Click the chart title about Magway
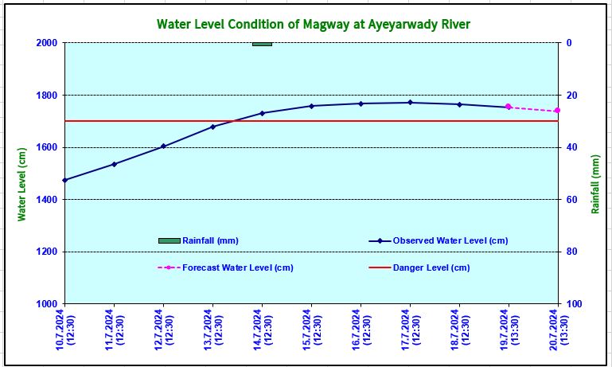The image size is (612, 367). pyautogui.click(x=313, y=24)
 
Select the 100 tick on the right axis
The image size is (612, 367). pyautogui.click(x=573, y=304)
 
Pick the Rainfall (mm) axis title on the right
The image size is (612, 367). pyautogui.click(x=595, y=184)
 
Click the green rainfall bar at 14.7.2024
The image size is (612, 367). pyautogui.click(x=262, y=44)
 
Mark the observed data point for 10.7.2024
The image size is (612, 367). pyautogui.click(x=64, y=180)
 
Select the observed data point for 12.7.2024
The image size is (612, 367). pyautogui.click(x=163, y=146)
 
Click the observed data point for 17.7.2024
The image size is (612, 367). pyautogui.click(x=410, y=103)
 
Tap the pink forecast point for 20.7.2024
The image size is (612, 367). pyautogui.click(x=557, y=111)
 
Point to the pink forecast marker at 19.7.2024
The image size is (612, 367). pyautogui.click(x=508, y=107)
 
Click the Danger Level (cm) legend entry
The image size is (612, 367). pyautogui.click(x=431, y=267)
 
